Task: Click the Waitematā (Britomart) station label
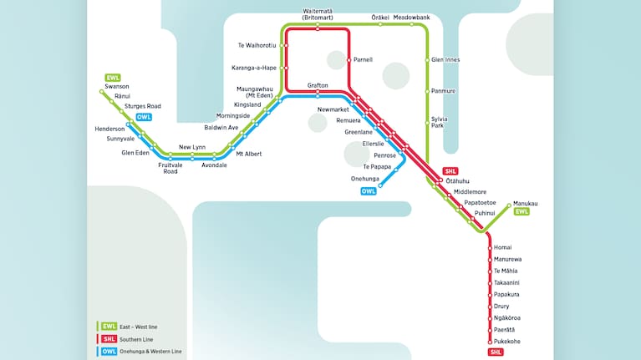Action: point(318,14)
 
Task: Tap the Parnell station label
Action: point(363,60)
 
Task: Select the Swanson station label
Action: point(118,86)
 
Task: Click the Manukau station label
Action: point(526,204)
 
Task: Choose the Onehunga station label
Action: point(365,179)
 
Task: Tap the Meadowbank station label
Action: point(411,17)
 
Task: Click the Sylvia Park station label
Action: point(438,122)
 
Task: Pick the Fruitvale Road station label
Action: point(170,168)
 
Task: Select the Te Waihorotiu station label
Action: point(257,45)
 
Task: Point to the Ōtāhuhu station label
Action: point(458,180)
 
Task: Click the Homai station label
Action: point(502,248)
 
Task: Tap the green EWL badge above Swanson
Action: point(113,78)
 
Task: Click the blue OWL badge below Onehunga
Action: point(369,191)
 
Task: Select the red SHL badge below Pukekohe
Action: point(496,352)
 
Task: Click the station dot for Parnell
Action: point(348,60)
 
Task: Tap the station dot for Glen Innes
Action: point(428,60)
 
